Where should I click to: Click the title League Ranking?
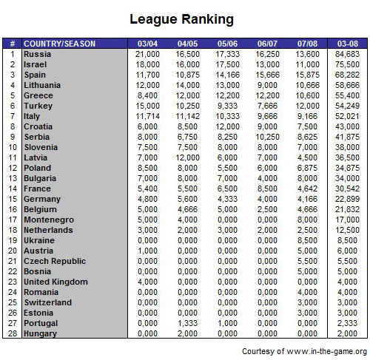pyautogui.click(x=181, y=18)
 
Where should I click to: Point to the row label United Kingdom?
pyautogui.click(x=55, y=282)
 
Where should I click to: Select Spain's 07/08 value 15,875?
pyautogui.click(x=307, y=75)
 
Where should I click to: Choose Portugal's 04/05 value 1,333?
pyautogui.click(x=189, y=323)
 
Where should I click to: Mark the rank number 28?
pyautogui.click(x=13, y=333)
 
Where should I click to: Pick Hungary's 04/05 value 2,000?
pyautogui.click(x=189, y=333)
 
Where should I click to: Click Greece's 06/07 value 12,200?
pyautogui.click(x=267, y=95)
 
